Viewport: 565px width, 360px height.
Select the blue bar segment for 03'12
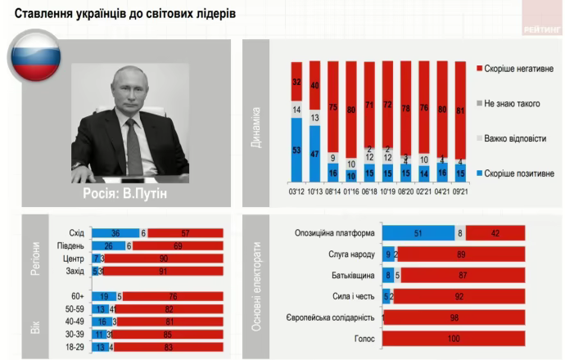coord(296,150)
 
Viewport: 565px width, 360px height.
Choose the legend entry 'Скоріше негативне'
coord(518,70)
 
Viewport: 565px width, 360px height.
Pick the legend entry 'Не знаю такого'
coord(513,104)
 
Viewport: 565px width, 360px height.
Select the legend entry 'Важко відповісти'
coord(515,138)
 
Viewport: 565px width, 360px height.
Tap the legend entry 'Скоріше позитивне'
coord(518,173)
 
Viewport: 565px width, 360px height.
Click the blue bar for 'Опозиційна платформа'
coord(418,232)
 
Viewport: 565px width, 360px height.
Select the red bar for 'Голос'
coord(454,338)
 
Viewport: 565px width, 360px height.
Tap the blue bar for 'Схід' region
coord(115,232)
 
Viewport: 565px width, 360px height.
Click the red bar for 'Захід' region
coord(163,271)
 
